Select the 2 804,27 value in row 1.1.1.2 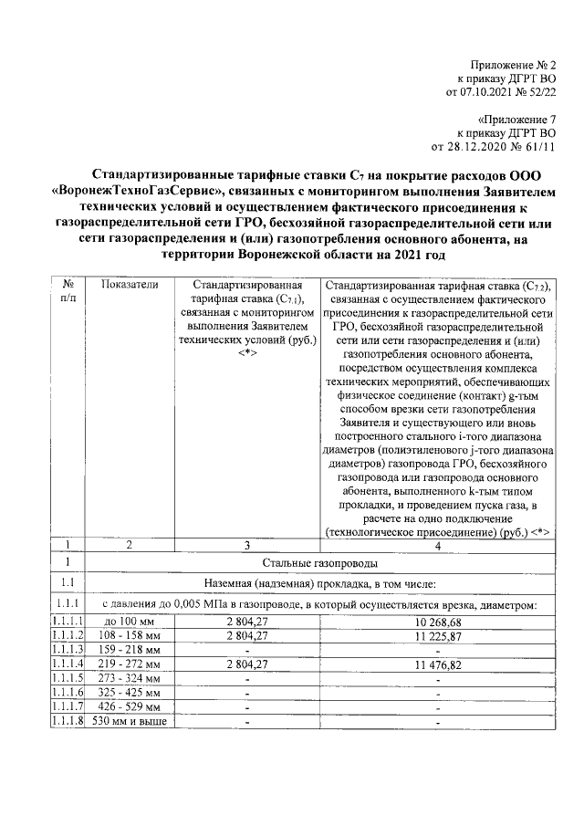(x=246, y=635)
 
